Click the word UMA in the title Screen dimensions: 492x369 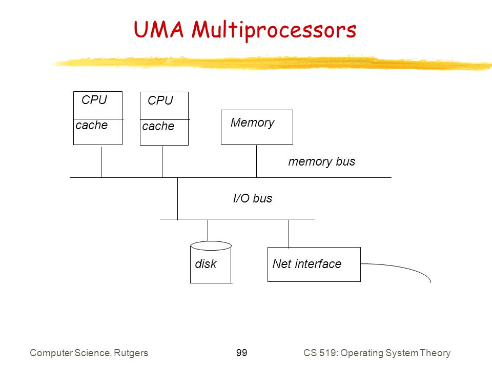pos(158,30)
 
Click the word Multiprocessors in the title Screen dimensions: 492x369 pos(274,31)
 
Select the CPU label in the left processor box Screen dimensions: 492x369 pos(94,100)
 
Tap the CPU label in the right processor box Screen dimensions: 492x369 pos(160,100)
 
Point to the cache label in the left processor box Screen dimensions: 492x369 pos(92,125)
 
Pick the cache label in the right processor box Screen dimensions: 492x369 pos(158,126)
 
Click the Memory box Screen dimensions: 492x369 pos(257,127)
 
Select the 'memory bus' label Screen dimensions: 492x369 pos(322,161)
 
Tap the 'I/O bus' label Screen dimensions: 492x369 pos(253,198)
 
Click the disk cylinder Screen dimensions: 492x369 pos(211,262)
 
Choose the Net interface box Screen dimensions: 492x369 pos(314,264)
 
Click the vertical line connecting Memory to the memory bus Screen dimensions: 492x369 pos(256,161)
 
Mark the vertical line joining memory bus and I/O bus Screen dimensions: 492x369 pos(178,198)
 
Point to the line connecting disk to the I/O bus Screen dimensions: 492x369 pos(208,230)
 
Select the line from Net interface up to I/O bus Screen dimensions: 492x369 pos(289,233)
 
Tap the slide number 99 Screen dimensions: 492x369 pos(241,353)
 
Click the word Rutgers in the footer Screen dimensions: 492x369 pos(131,353)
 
